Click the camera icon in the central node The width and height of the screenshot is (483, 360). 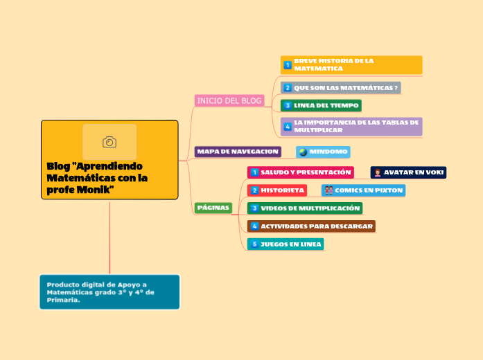(109, 142)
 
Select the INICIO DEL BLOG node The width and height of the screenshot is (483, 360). (230, 101)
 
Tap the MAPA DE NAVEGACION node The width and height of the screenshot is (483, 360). (238, 151)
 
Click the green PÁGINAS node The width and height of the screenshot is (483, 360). (213, 208)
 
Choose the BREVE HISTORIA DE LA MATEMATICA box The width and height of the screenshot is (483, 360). (351, 65)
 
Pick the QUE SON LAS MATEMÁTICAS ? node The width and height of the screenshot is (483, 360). (341, 88)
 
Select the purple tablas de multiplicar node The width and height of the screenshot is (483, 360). (351, 126)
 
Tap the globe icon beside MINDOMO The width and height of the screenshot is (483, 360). (302, 152)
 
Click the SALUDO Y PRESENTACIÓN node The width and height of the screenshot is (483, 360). (301, 172)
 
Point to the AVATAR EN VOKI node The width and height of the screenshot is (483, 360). (408, 172)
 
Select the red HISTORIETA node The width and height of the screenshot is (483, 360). (277, 190)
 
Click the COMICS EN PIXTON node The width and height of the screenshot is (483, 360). (363, 190)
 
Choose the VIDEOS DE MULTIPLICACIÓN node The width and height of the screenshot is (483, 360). (305, 208)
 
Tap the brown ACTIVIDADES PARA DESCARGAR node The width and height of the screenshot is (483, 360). (311, 226)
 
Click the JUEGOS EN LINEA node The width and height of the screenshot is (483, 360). (286, 244)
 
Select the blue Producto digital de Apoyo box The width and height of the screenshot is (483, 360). (109, 292)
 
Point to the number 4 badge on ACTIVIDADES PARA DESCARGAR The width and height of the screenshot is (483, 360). (254, 226)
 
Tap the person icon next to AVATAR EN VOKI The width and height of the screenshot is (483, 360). (377, 172)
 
